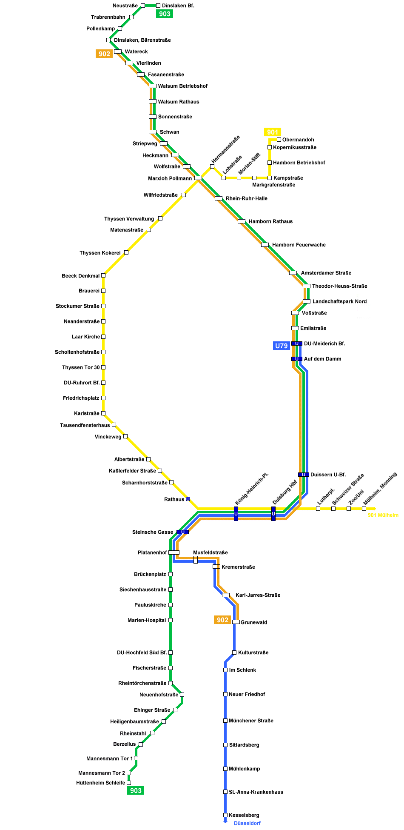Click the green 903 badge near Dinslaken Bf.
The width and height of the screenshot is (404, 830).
165,14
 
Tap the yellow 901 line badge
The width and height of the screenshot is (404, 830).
273,132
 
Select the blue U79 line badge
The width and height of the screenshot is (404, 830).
282,346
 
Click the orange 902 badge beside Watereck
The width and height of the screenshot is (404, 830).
104,54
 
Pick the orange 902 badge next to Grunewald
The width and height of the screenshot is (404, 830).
222,620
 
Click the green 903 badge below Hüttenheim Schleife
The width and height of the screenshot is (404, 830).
136,790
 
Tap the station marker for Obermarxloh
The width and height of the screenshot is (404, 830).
279,140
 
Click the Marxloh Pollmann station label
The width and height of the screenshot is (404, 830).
170,178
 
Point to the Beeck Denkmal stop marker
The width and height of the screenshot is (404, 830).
103,275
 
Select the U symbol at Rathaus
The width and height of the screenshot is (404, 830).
188,499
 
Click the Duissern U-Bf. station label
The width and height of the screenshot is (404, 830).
328,475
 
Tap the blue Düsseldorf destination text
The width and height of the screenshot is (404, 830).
247,823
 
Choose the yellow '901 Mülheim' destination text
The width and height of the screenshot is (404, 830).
383,515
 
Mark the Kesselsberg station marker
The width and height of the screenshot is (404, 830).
225,815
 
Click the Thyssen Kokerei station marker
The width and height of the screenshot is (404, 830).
126,252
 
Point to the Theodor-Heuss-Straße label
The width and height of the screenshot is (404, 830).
340,286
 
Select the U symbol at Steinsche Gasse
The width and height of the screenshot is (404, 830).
183,532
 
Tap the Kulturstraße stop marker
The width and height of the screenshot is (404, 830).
234,653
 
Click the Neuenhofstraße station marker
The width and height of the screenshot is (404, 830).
182,695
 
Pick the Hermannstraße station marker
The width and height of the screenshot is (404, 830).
212,166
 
